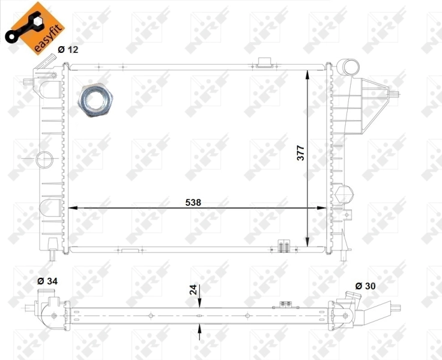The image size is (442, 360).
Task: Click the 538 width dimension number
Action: (193, 203)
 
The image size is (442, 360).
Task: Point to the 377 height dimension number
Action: (301, 155)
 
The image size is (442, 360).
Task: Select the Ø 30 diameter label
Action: (365, 286)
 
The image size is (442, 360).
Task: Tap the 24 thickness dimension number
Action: (193, 289)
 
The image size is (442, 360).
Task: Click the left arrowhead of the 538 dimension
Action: (73, 208)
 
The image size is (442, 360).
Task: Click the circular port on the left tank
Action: (44, 159)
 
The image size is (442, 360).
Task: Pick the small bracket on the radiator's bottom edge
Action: (284, 245)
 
